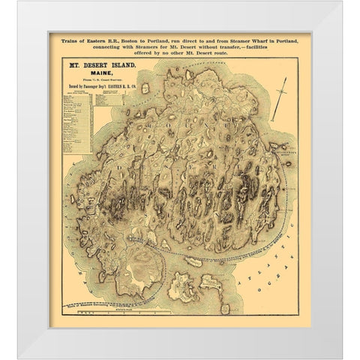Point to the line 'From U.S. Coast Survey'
click(x=98, y=82)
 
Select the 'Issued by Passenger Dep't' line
click(x=98, y=89)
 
